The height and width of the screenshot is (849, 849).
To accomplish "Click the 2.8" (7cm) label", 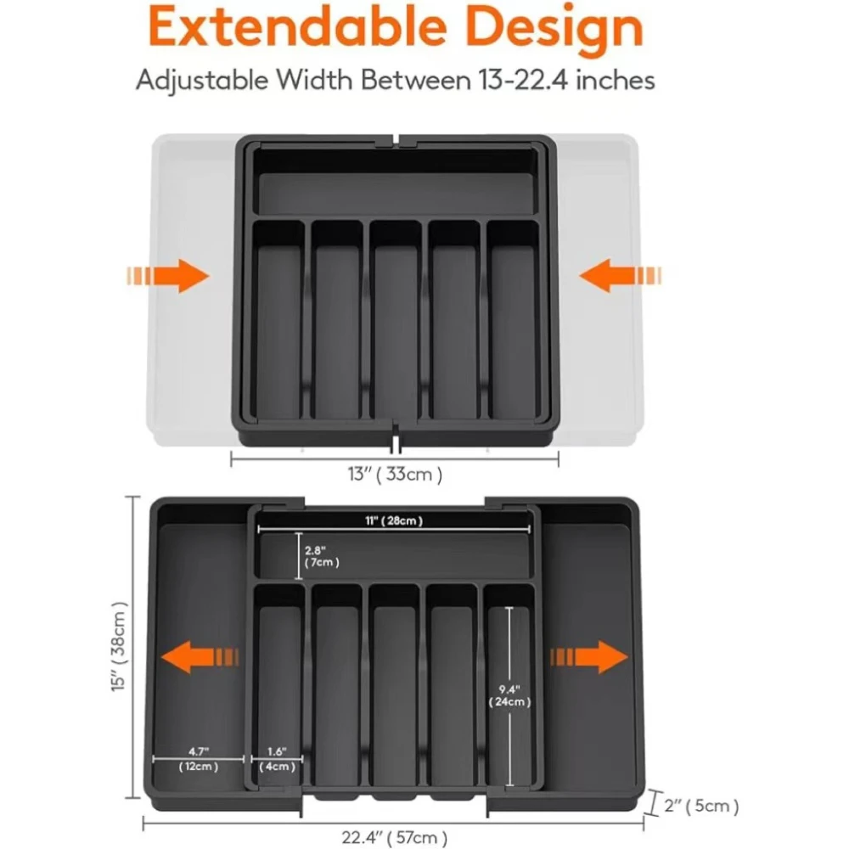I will click(x=322, y=555).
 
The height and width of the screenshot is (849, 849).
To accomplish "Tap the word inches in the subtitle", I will click(x=613, y=81).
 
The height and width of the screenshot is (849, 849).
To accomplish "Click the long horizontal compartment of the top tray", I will click(x=396, y=192).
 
